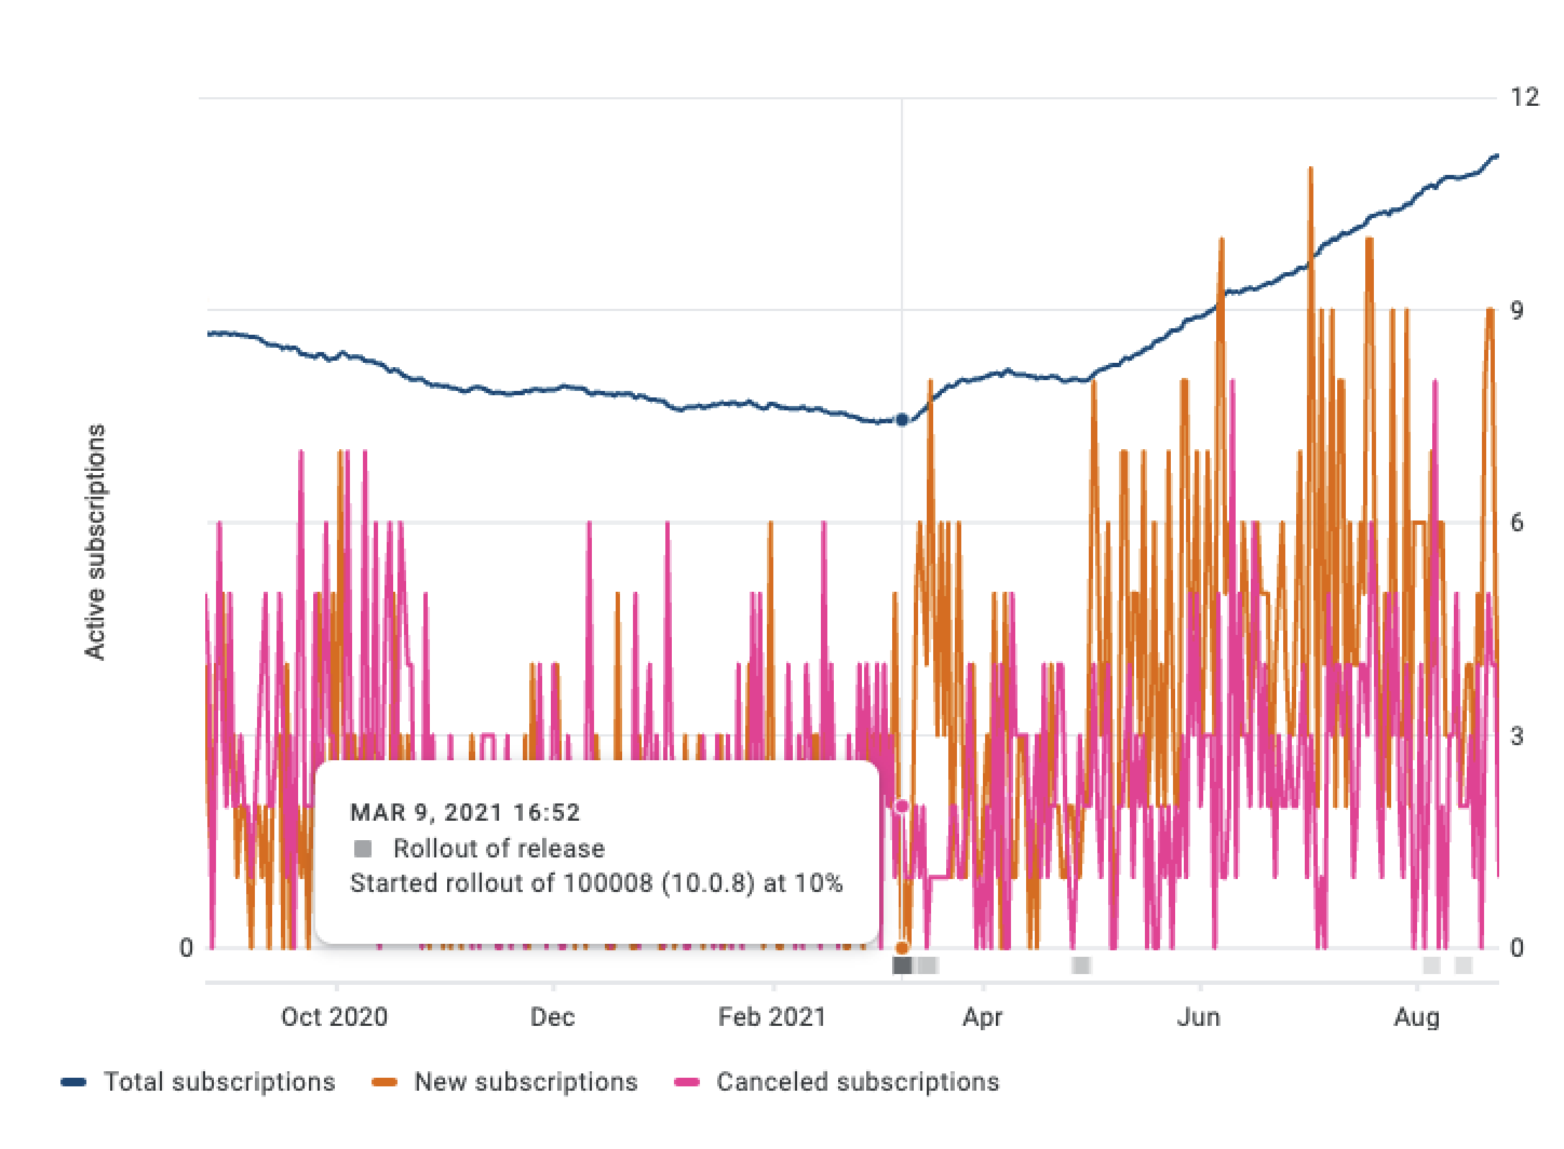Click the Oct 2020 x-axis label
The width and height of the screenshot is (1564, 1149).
pyautogui.click(x=334, y=1017)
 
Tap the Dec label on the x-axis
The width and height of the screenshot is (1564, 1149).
pyautogui.click(x=552, y=1017)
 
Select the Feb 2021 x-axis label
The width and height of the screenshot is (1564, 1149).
pyautogui.click(x=771, y=1017)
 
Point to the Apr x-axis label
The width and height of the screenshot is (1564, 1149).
pyautogui.click(x=982, y=1017)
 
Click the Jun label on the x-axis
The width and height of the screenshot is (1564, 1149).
pyautogui.click(x=1198, y=1017)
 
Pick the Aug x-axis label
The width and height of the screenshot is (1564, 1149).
pyautogui.click(x=1416, y=1017)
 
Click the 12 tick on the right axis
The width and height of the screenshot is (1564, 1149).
pyautogui.click(x=1524, y=97)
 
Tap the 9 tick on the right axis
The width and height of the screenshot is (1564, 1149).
pyautogui.click(x=1517, y=310)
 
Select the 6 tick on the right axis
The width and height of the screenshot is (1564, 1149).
pyautogui.click(x=1517, y=522)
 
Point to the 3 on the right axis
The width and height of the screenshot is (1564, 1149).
pyautogui.click(x=1517, y=736)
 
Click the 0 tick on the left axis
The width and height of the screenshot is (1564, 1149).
pyautogui.click(x=186, y=947)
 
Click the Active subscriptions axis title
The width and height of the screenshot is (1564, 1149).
pyautogui.click(x=96, y=541)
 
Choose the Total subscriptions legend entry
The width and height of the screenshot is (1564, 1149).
pyautogui.click(x=219, y=1081)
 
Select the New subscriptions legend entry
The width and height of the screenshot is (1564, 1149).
pyautogui.click(x=526, y=1081)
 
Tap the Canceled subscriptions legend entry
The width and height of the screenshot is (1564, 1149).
pyautogui.click(x=857, y=1081)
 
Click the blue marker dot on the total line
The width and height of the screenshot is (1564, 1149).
pyautogui.click(x=902, y=420)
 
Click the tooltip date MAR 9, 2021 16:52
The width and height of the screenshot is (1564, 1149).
pyautogui.click(x=464, y=812)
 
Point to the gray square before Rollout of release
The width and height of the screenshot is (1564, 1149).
pyautogui.click(x=363, y=848)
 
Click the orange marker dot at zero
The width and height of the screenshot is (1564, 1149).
pyautogui.click(x=902, y=947)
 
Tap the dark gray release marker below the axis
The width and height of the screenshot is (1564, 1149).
pyautogui.click(x=902, y=965)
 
